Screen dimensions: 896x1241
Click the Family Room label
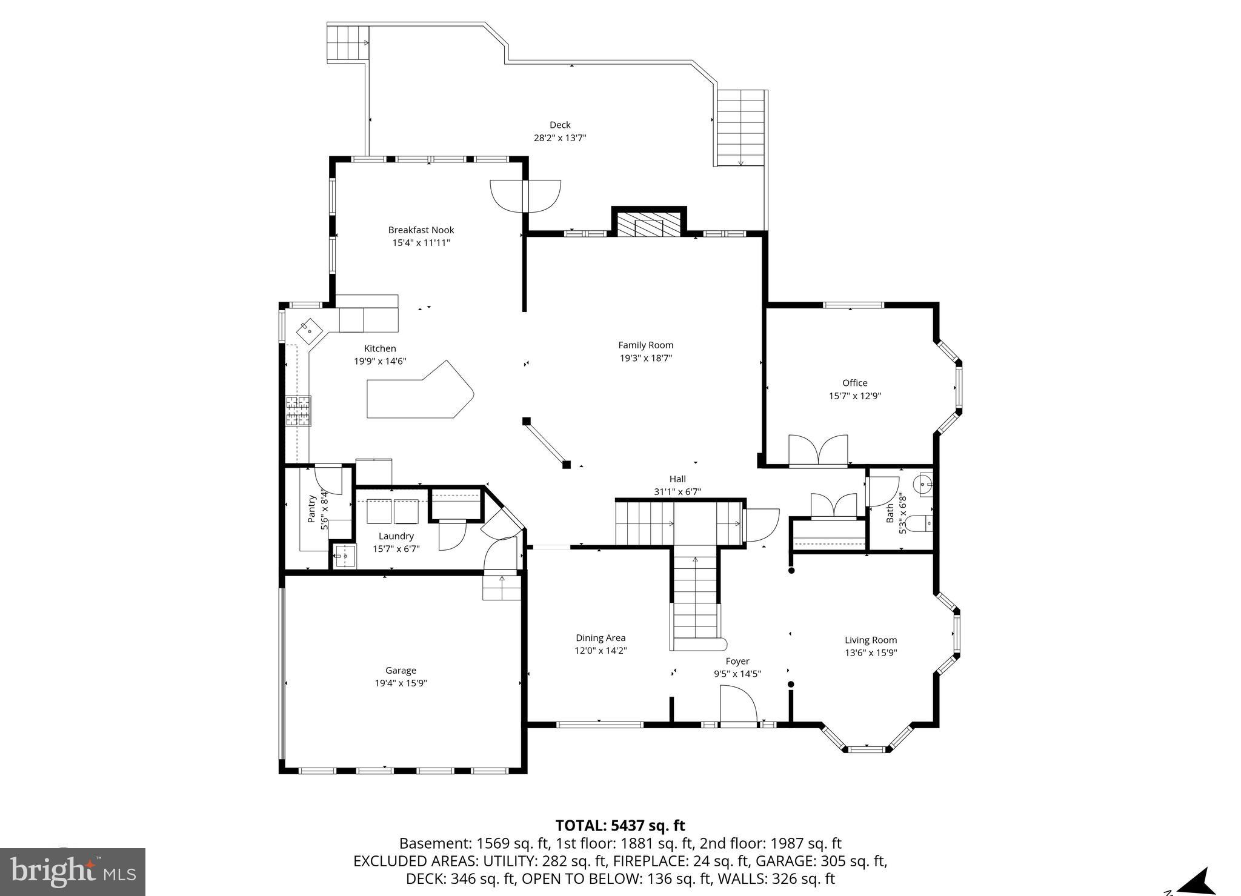tap(645, 345)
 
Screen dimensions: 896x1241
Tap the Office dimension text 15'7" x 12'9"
tap(854, 396)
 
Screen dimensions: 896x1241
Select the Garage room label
tap(401, 670)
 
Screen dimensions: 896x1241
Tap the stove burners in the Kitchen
tap(298, 411)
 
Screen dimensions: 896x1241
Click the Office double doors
tap(818, 450)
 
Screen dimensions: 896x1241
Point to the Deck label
tap(560, 125)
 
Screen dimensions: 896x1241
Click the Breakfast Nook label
tap(421, 230)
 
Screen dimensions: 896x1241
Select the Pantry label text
tap(311, 509)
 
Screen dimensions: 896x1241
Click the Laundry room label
tap(396, 536)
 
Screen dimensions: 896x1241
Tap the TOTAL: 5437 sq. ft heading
tap(620, 825)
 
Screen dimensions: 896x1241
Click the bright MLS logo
tap(73, 872)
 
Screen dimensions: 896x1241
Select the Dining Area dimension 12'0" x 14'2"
tap(601, 651)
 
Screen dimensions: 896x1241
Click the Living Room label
tap(870, 640)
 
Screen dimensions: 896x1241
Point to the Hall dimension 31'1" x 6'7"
tap(677, 492)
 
